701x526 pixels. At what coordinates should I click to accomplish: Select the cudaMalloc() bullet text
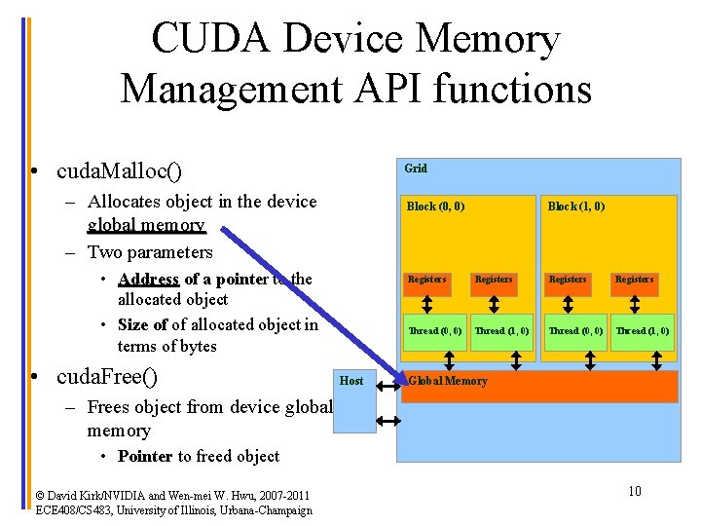(x=120, y=171)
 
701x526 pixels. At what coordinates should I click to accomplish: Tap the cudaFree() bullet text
(x=108, y=376)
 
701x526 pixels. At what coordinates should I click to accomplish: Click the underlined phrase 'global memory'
(x=146, y=225)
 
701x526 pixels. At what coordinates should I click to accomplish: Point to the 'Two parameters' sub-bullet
(x=150, y=252)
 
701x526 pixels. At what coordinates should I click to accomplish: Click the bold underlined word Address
(x=148, y=279)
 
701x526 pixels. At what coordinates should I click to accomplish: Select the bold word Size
(x=133, y=324)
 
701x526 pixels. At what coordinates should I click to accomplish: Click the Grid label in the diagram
(x=416, y=169)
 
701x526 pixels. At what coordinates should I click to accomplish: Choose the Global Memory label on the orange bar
(x=448, y=381)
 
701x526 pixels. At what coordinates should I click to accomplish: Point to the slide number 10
(x=634, y=491)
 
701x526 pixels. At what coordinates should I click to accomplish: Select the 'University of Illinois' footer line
(x=173, y=509)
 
